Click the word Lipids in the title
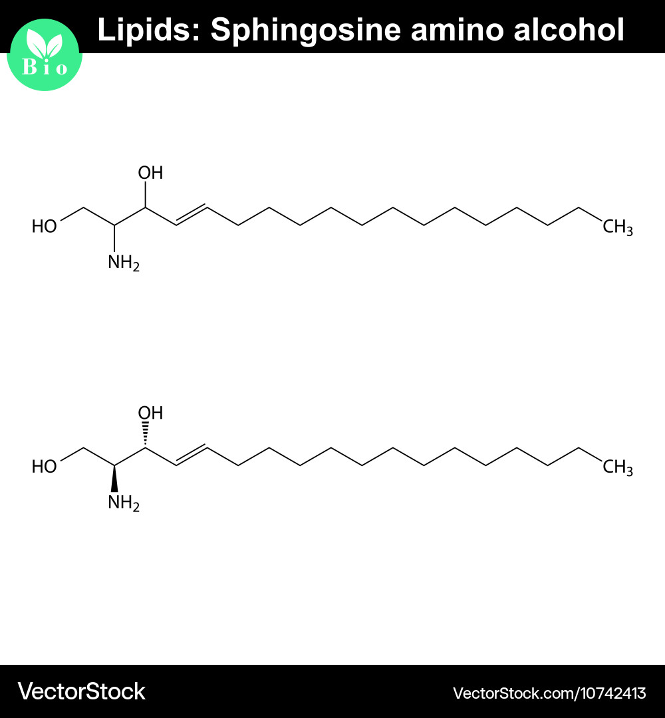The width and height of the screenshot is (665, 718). (x=150, y=30)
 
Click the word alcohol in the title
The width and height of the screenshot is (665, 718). (x=569, y=30)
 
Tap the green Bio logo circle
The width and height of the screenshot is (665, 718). (x=45, y=55)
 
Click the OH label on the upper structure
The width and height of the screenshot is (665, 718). (x=150, y=173)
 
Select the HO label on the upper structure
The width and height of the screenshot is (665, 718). (x=44, y=226)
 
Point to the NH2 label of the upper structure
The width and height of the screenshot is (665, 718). (x=123, y=263)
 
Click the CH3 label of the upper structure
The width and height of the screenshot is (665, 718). (x=617, y=227)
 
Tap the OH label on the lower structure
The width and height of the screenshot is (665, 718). (x=150, y=413)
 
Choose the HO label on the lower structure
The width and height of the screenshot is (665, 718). (x=44, y=467)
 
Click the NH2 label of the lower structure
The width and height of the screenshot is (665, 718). (x=123, y=503)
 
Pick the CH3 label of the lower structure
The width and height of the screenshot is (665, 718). (x=617, y=467)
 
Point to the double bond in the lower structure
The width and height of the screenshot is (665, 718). (x=192, y=455)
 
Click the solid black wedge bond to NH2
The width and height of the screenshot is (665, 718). (x=114, y=479)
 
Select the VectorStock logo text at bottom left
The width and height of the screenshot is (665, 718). (x=82, y=691)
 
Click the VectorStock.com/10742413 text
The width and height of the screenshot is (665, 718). (x=549, y=693)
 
